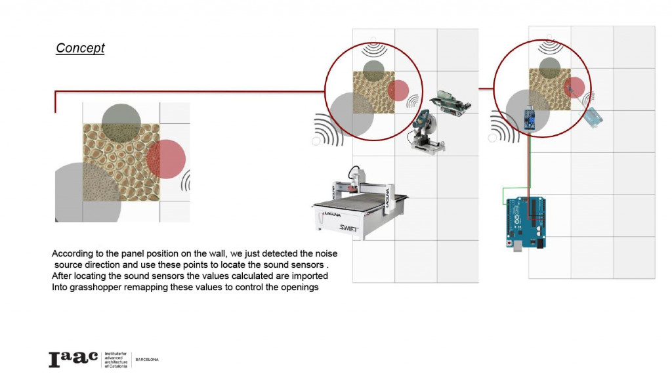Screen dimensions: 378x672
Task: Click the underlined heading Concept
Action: pyautogui.click(x=80, y=48)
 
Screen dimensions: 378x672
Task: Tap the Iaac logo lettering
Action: pyautogui.click(x=73, y=358)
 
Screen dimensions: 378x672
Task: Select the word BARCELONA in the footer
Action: pyautogui.click(x=146, y=360)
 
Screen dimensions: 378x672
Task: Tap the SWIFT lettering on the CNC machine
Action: pyautogui.click(x=352, y=228)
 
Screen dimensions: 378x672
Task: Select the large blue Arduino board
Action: pyautogui.click(x=526, y=220)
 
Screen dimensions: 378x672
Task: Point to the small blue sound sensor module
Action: pyautogui.click(x=527, y=120)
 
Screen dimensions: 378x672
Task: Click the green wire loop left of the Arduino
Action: pyautogui.click(x=509, y=195)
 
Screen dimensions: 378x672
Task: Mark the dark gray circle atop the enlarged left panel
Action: pyautogui.click(x=121, y=123)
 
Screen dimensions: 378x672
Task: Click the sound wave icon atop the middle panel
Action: pyautogui.click(x=375, y=51)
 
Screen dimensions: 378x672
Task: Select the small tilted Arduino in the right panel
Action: pyautogui.click(x=593, y=117)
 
